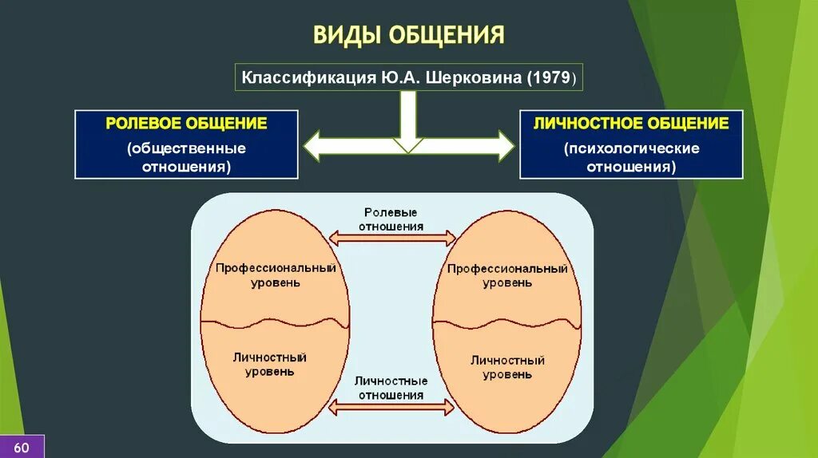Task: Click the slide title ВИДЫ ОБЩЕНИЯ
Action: (x=408, y=35)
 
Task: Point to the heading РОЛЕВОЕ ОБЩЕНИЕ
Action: (x=186, y=124)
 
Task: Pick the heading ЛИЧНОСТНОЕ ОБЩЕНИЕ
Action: (x=631, y=124)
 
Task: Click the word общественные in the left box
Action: (x=186, y=148)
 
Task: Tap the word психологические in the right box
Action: (x=631, y=148)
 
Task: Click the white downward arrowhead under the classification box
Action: (x=407, y=144)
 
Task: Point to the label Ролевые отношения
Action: (x=391, y=219)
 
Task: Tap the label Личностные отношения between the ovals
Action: (x=391, y=388)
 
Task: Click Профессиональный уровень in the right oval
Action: (x=507, y=275)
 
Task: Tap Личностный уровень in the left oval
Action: (x=269, y=364)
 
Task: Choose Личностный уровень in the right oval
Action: (x=507, y=367)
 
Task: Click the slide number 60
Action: (x=22, y=446)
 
